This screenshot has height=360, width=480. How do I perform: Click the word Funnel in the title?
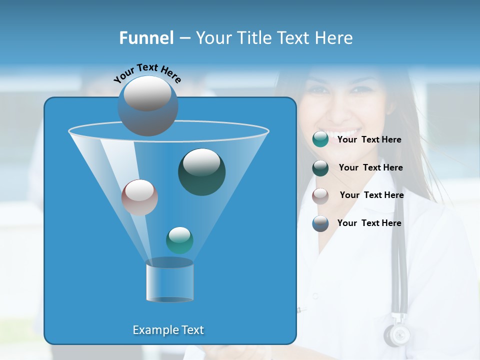pyautogui.click(x=146, y=38)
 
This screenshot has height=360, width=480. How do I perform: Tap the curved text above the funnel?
pyautogui.click(x=147, y=73)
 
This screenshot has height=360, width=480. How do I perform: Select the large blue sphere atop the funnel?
pyautogui.click(x=147, y=106)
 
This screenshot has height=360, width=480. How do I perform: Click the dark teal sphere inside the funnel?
pyautogui.click(x=201, y=172)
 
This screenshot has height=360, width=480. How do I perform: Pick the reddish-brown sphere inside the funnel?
pyautogui.click(x=139, y=197)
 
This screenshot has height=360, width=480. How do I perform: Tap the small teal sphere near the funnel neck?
pyautogui.click(x=179, y=240)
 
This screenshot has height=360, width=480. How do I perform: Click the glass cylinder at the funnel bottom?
pyautogui.click(x=169, y=281)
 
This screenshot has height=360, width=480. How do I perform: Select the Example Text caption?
pyautogui.click(x=168, y=330)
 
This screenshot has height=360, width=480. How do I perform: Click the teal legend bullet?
pyautogui.click(x=320, y=139)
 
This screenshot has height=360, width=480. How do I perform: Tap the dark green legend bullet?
pyautogui.click(x=320, y=168)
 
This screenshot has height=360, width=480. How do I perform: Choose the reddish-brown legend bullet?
pyautogui.click(x=320, y=195)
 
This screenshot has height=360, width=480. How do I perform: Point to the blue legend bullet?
pyautogui.click(x=320, y=223)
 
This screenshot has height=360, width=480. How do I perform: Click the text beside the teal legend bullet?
pyautogui.click(x=369, y=140)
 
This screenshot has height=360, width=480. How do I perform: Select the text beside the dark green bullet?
pyautogui.click(x=370, y=168)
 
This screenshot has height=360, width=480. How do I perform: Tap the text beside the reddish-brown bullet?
pyautogui.click(x=371, y=195)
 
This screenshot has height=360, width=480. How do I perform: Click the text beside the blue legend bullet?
pyautogui.click(x=369, y=223)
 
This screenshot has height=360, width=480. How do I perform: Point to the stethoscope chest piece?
pyautogui.click(x=396, y=334)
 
